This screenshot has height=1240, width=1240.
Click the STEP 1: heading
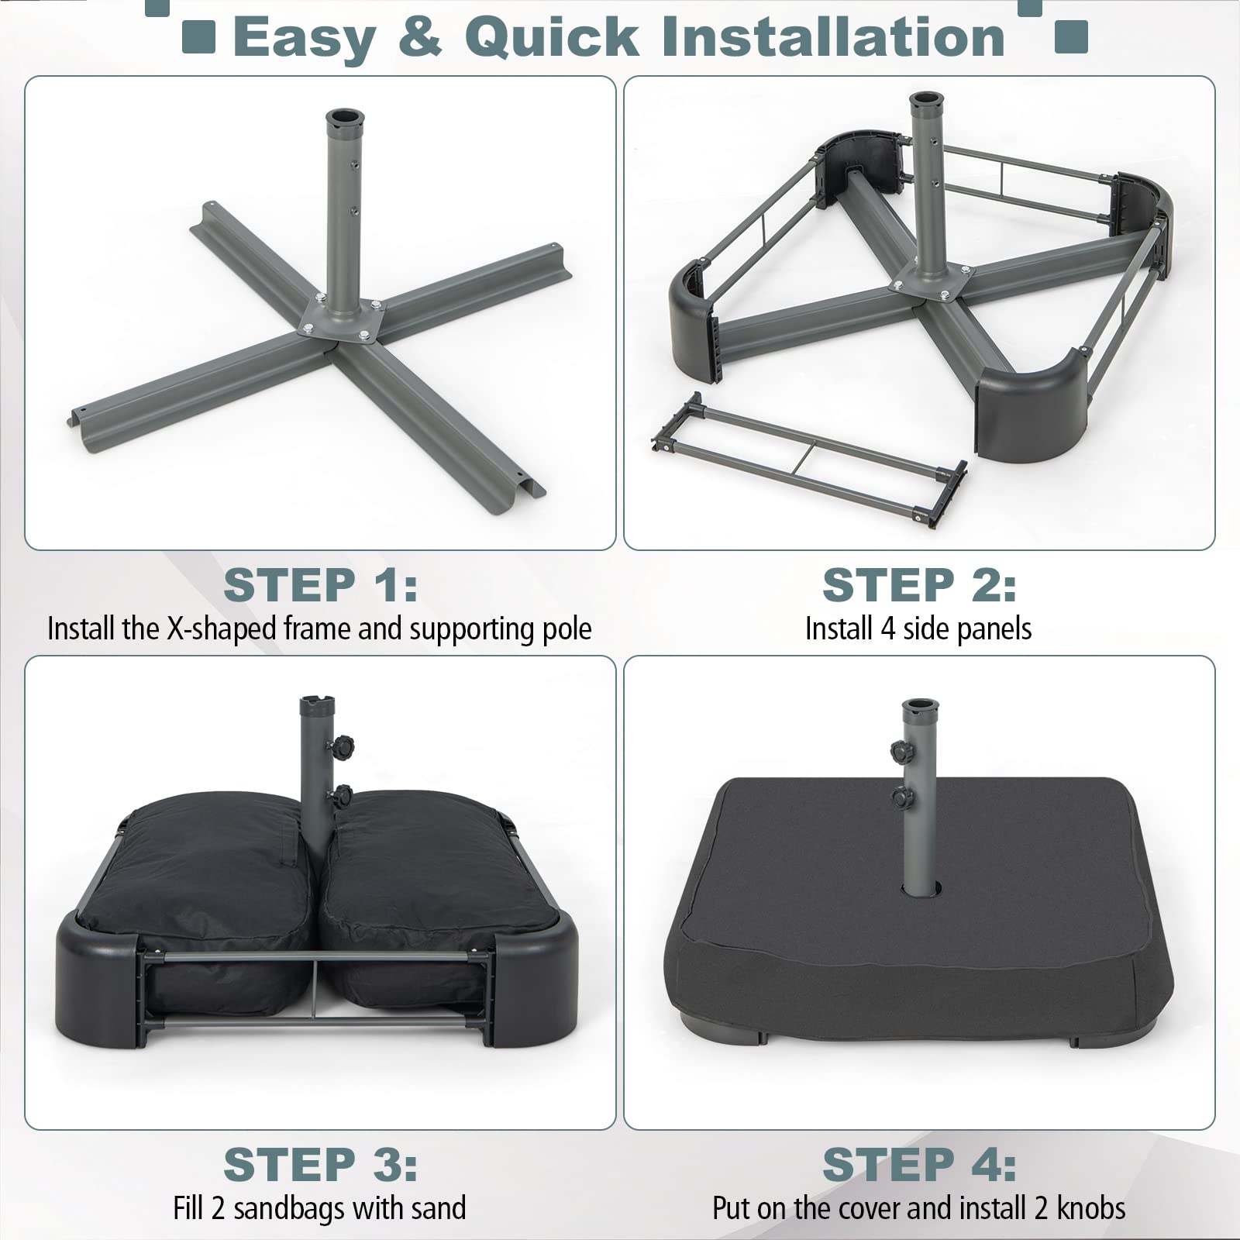pyautogui.click(x=320, y=585)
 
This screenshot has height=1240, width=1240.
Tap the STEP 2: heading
pyautogui.click(x=919, y=585)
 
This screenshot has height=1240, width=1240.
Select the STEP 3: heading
pyautogui.click(x=320, y=1165)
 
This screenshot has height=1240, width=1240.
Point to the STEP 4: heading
pyautogui.click(x=919, y=1165)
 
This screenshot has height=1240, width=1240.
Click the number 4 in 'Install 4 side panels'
pyautogui.click(x=888, y=629)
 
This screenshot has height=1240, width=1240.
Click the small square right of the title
pyautogui.click(x=1071, y=36)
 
